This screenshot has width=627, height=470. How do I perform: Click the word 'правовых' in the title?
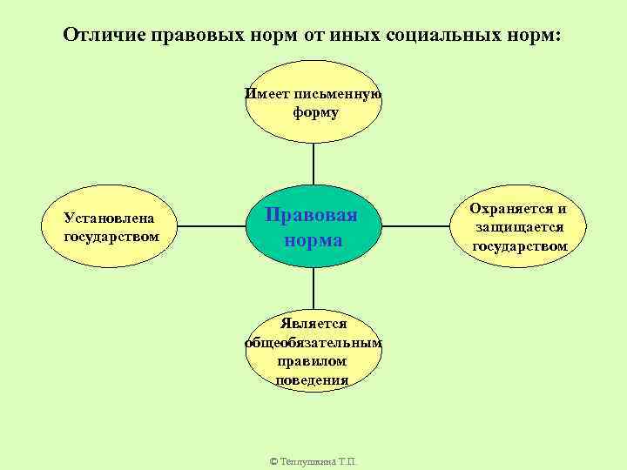point(192,37)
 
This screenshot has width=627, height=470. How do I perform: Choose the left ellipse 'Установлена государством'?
point(111,226)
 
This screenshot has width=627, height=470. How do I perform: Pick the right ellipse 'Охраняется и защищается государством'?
point(519,226)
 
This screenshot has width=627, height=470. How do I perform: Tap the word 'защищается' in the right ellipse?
point(520,227)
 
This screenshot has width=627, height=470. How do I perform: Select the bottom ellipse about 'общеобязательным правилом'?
point(313,352)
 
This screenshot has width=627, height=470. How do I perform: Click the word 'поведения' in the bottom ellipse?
point(313,379)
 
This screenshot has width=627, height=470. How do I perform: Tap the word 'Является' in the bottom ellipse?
point(313,324)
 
